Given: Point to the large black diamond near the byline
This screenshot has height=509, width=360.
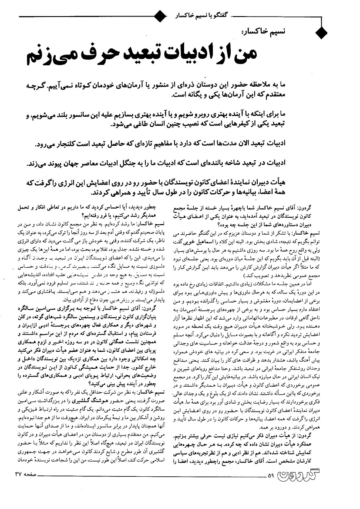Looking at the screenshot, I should tap(321, 32).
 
